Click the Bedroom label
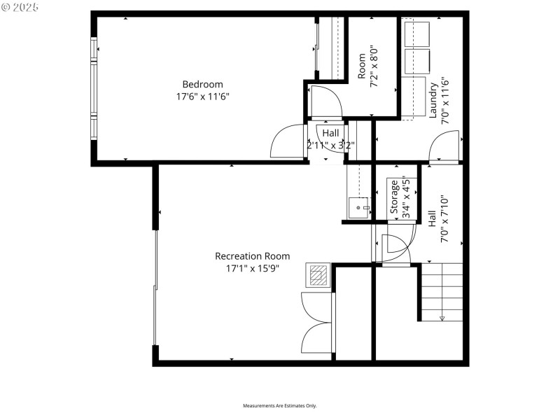203,85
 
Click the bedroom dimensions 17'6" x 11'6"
203,97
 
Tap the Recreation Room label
252,256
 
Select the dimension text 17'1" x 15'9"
252,268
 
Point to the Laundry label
434,100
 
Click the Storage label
395,197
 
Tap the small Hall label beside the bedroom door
330,133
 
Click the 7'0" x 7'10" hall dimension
444,218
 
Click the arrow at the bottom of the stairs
442,318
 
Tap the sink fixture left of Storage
358,207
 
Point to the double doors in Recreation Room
317,323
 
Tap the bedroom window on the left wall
93,87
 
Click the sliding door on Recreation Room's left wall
155,287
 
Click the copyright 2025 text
21,7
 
